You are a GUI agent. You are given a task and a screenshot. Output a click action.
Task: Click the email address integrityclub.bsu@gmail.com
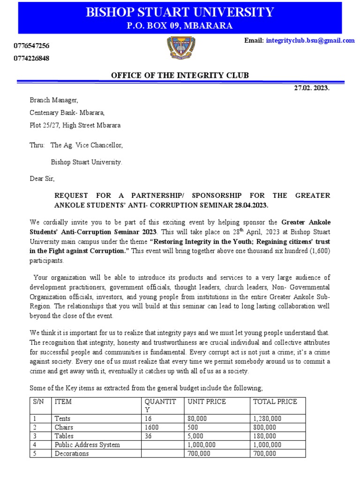pos(310,41)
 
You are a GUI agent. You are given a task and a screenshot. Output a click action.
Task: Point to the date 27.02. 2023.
pos(312,88)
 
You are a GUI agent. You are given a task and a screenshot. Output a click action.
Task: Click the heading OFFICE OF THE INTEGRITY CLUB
pos(180,75)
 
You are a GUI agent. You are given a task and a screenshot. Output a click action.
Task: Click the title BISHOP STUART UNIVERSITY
pos(180,12)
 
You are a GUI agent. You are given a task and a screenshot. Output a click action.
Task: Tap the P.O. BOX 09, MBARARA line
pos(180,26)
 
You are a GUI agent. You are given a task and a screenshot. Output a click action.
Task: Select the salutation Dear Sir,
pos(42,179)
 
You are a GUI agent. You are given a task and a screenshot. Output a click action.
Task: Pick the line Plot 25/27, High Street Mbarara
pos(75,126)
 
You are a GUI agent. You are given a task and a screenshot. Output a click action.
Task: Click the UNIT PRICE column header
pos(207,402)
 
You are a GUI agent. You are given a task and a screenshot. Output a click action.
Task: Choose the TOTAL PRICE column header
pos(275,402)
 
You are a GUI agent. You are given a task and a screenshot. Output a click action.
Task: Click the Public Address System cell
pos(87,445)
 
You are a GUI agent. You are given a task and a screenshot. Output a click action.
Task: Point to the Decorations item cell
pos(72,453)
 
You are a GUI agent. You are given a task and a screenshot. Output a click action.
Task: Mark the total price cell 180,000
pos(264,436)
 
